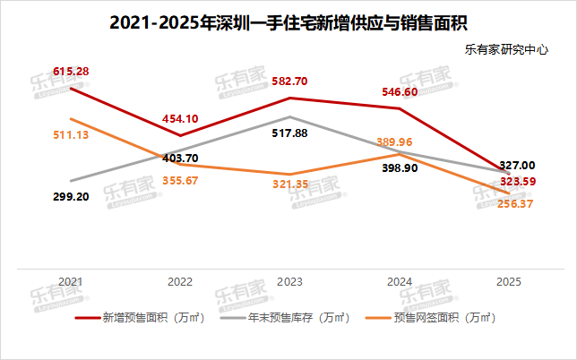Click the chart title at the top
coord(288,21)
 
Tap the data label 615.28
coord(70,70)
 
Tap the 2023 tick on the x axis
coord(290,281)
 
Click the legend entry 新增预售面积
coord(143,317)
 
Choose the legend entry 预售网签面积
coord(435,317)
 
